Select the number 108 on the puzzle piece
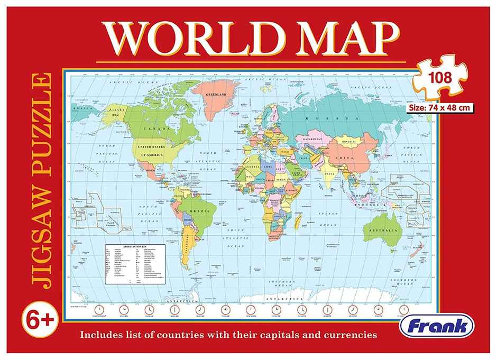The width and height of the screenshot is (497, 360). click(x=440, y=78)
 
